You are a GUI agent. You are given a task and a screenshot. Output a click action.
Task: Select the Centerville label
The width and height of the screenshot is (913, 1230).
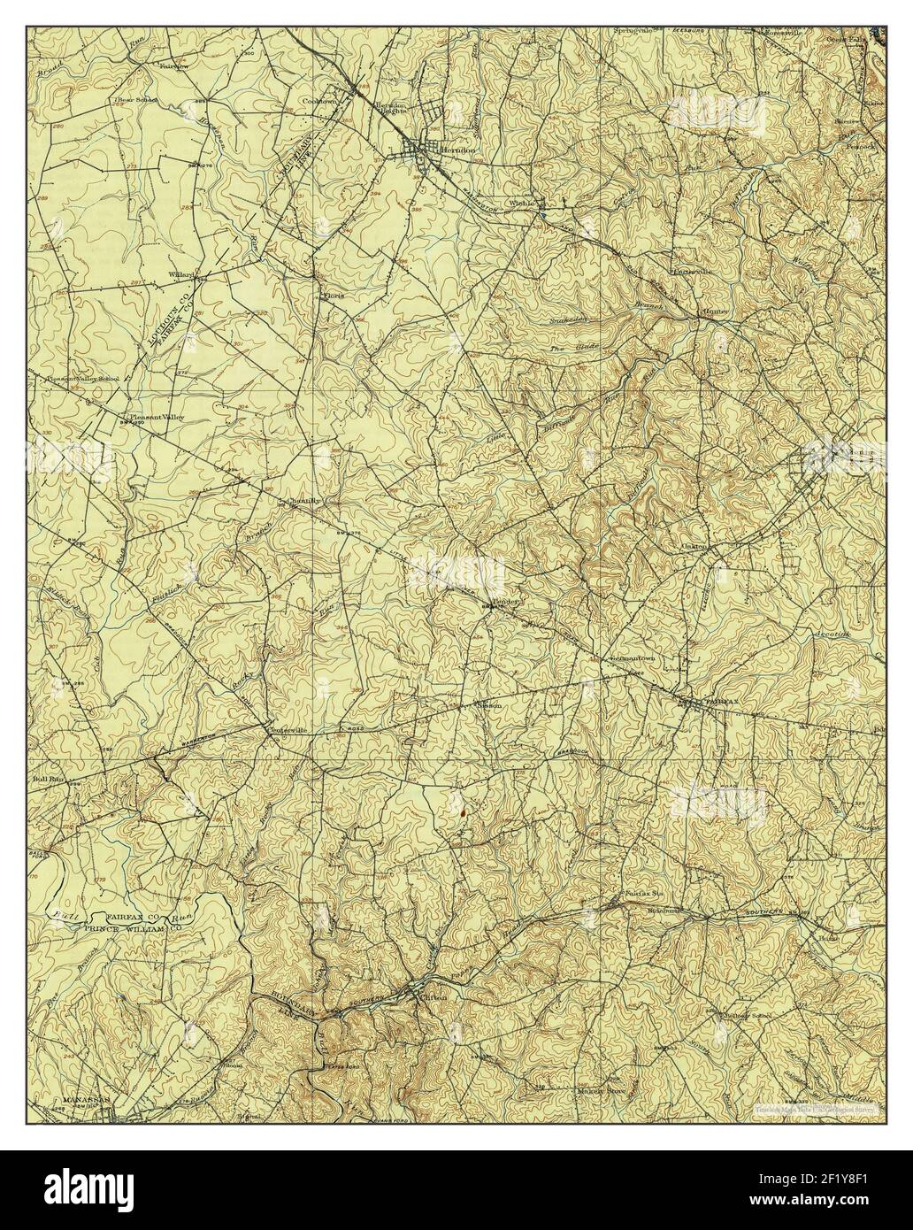pos(287,731)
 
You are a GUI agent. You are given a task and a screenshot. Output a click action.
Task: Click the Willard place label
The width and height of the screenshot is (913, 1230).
pos(181,274)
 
